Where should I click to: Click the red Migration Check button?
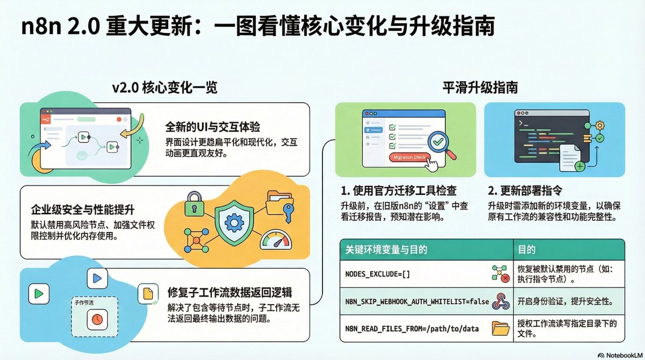tap(410, 157)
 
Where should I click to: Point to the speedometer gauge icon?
tap(275, 240)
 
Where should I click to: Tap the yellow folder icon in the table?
tap(501, 327)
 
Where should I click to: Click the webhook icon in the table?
tap(501, 301)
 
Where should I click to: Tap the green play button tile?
tap(38, 294)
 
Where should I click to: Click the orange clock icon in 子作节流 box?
tap(97, 319)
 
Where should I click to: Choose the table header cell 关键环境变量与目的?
tap(386, 250)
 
